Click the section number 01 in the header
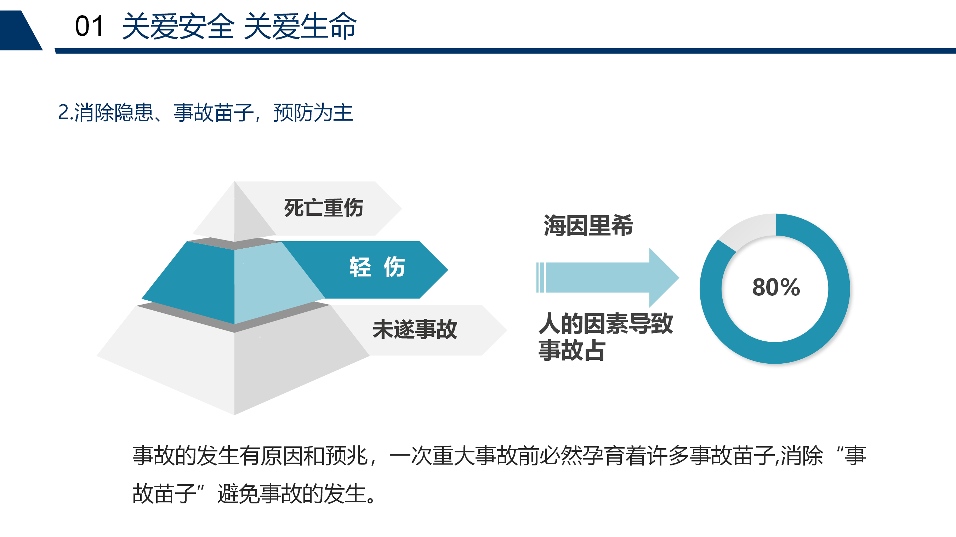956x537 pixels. pyautogui.click(x=89, y=26)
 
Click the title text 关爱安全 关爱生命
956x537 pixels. pyautogui.click(x=239, y=26)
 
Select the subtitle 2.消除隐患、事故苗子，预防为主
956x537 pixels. pyautogui.click(x=205, y=112)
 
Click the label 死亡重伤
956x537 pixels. pyautogui.click(x=324, y=208)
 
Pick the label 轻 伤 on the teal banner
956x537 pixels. pyautogui.click(x=377, y=267)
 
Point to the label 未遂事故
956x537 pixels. pyautogui.click(x=415, y=329)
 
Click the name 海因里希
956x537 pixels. pyautogui.click(x=588, y=225)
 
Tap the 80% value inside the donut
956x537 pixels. pyautogui.click(x=776, y=287)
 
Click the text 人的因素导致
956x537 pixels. pyautogui.click(x=606, y=323)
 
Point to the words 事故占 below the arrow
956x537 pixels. pyautogui.click(x=572, y=350)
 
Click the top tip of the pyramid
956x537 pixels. pyautogui.click(x=234, y=181)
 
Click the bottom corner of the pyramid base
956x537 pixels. pyautogui.click(x=234, y=415)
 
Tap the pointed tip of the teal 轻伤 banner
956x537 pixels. pyautogui.click(x=448, y=270)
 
